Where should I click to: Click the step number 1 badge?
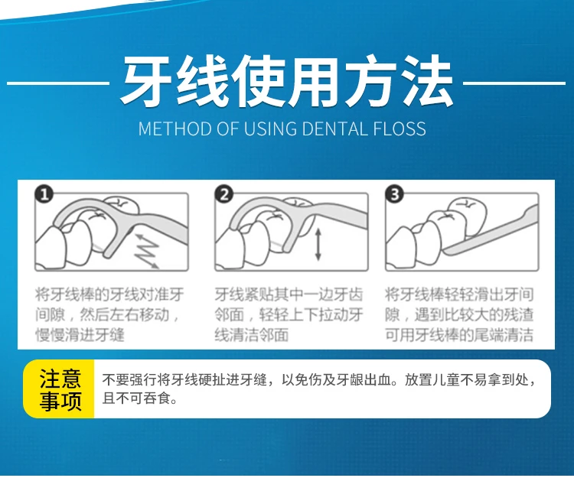[x=44, y=194]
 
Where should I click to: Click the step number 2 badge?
[x=224, y=194]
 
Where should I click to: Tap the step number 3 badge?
[x=395, y=194]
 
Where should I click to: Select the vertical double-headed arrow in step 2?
[x=318, y=244]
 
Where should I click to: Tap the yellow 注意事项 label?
[x=59, y=389]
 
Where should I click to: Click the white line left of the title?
[x=58, y=83]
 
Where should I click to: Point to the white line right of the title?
[x=514, y=83]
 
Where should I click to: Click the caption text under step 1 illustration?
[x=109, y=314]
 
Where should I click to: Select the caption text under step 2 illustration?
[x=289, y=314]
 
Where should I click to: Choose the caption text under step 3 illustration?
[x=459, y=314]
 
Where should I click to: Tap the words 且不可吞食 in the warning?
[x=135, y=398]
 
